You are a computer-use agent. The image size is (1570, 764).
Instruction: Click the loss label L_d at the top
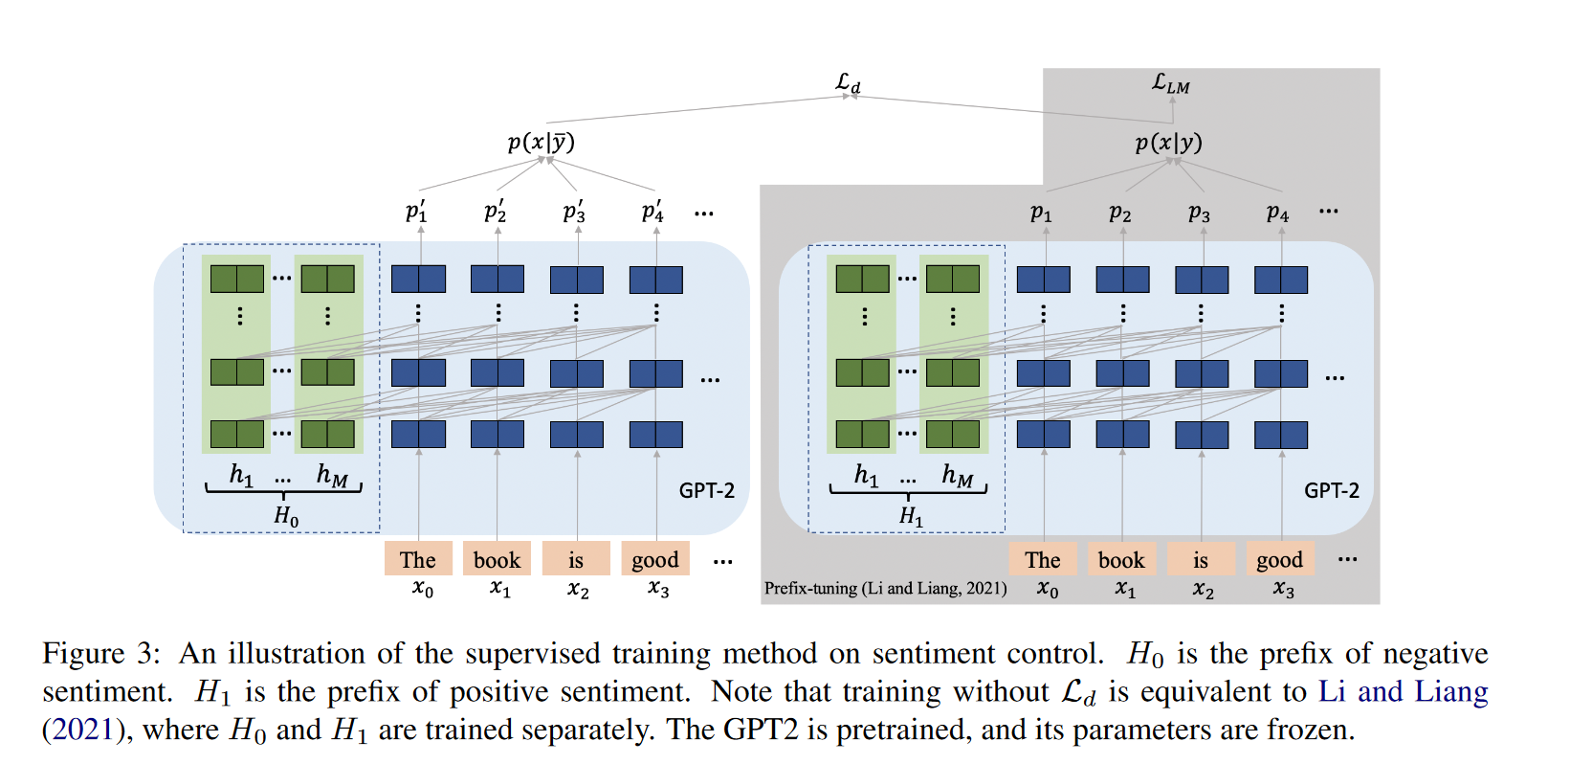pyautogui.click(x=848, y=83)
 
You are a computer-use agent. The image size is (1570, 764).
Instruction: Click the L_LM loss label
pyautogui.click(x=1170, y=84)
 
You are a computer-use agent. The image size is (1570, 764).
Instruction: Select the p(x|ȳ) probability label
pyautogui.click(x=541, y=143)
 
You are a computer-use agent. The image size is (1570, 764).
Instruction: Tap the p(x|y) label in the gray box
pyautogui.click(x=1168, y=143)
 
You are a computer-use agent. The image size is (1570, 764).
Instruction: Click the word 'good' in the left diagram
pyautogui.click(x=655, y=559)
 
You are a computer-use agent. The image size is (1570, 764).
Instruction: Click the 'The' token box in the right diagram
pyautogui.click(x=1042, y=559)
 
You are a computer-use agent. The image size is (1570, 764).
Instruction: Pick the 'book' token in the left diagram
pyautogui.click(x=497, y=559)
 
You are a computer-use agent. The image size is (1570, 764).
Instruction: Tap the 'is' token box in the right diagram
pyautogui.click(x=1200, y=559)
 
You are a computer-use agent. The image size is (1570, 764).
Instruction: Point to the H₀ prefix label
pyautogui.click(x=286, y=516)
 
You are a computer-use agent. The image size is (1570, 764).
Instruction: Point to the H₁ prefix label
pyautogui.click(x=911, y=516)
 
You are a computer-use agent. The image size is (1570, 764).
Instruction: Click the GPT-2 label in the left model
pyautogui.click(x=706, y=490)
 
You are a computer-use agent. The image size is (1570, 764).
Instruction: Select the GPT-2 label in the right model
pyautogui.click(x=1331, y=490)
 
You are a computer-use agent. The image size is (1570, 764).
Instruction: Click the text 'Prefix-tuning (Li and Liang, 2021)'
pyautogui.click(x=885, y=588)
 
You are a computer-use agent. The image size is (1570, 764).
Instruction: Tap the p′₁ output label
pyautogui.click(x=416, y=212)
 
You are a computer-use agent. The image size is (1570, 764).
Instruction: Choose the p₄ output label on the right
pyautogui.click(x=1277, y=213)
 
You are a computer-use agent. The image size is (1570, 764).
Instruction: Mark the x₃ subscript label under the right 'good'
pyautogui.click(x=1283, y=590)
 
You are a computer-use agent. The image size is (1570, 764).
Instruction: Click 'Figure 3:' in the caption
pyautogui.click(x=101, y=653)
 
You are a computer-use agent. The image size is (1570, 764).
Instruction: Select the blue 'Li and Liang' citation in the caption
pyautogui.click(x=1403, y=691)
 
